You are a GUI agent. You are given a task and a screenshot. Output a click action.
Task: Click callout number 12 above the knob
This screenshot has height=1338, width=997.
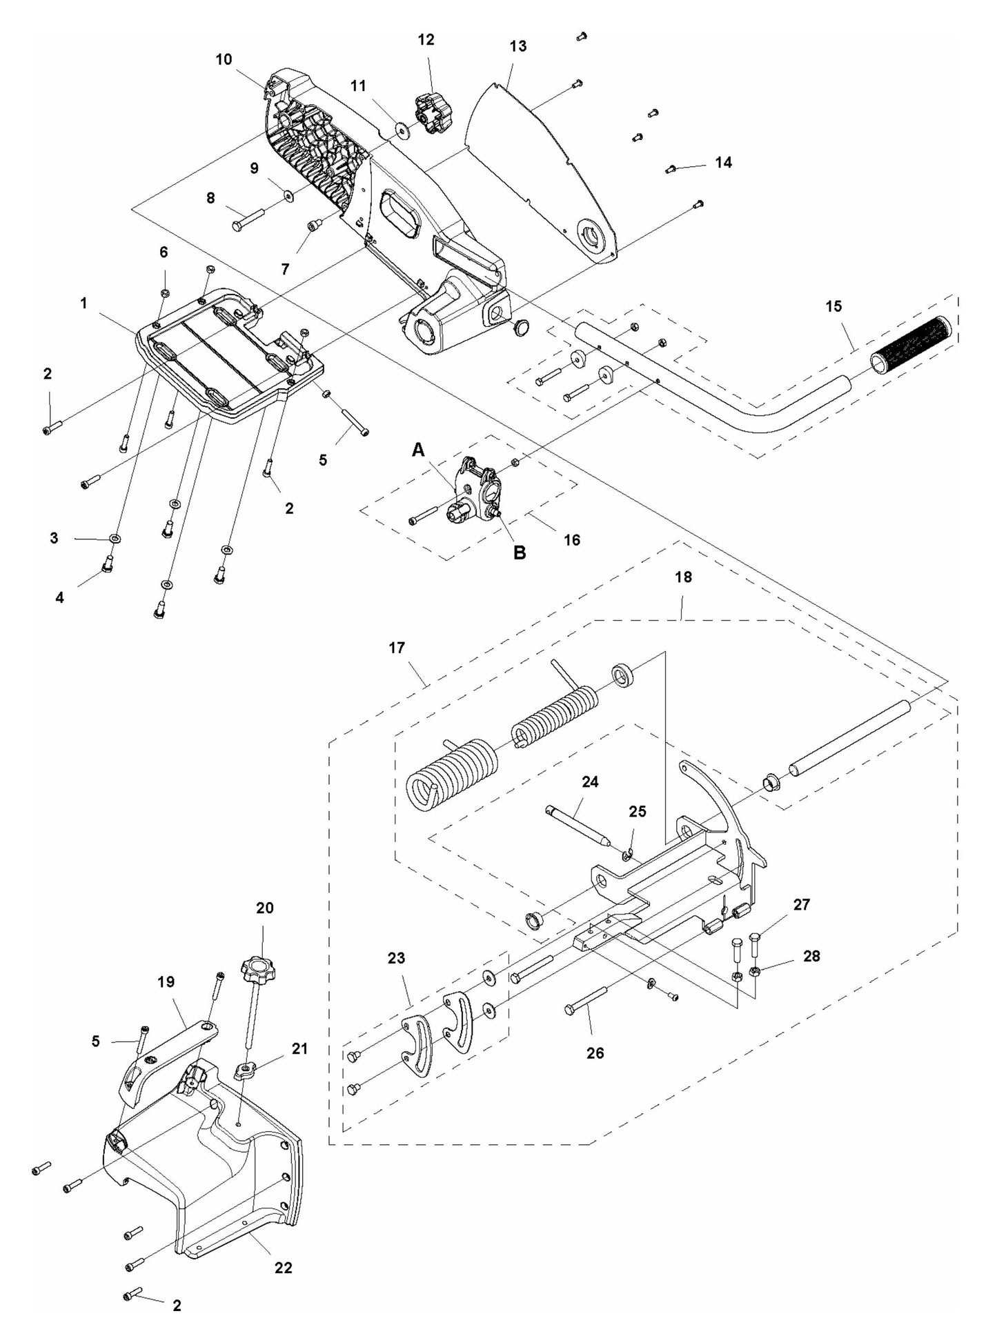pyautogui.click(x=426, y=40)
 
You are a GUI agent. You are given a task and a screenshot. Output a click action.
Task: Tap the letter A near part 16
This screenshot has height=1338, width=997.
pyautogui.click(x=418, y=450)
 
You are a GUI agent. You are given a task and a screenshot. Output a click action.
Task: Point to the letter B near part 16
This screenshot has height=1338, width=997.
pyautogui.click(x=520, y=552)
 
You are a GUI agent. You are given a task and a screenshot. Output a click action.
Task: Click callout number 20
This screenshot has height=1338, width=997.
pyautogui.click(x=265, y=908)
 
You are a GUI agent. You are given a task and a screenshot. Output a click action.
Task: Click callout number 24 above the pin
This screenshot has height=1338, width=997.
pyautogui.click(x=590, y=782)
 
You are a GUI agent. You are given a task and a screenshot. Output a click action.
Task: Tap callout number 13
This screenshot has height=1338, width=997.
pyautogui.click(x=518, y=46)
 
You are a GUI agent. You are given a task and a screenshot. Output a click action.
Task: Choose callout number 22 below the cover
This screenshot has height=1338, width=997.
pyautogui.click(x=284, y=1268)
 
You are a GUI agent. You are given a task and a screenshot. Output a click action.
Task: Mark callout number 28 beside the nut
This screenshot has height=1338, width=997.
pyautogui.click(x=811, y=957)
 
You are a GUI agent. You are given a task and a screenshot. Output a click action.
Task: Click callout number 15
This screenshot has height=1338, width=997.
pyautogui.click(x=833, y=306)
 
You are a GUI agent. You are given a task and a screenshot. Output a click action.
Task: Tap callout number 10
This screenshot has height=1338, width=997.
pyautogui.click(x=224, y=59)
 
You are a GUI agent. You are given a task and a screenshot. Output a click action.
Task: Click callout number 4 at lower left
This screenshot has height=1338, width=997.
pyautogui.click(x=60, y=597)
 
